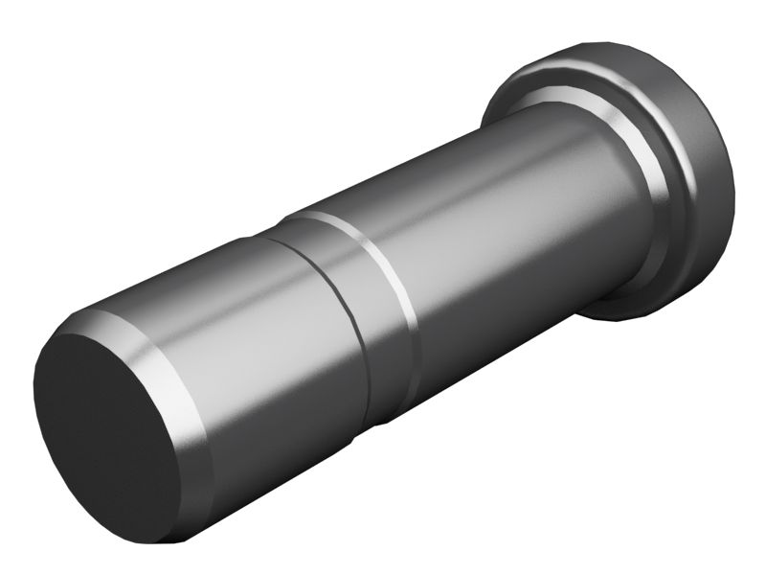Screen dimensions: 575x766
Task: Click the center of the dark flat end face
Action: (105, 431)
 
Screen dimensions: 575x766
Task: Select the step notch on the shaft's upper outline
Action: (278, 226)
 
